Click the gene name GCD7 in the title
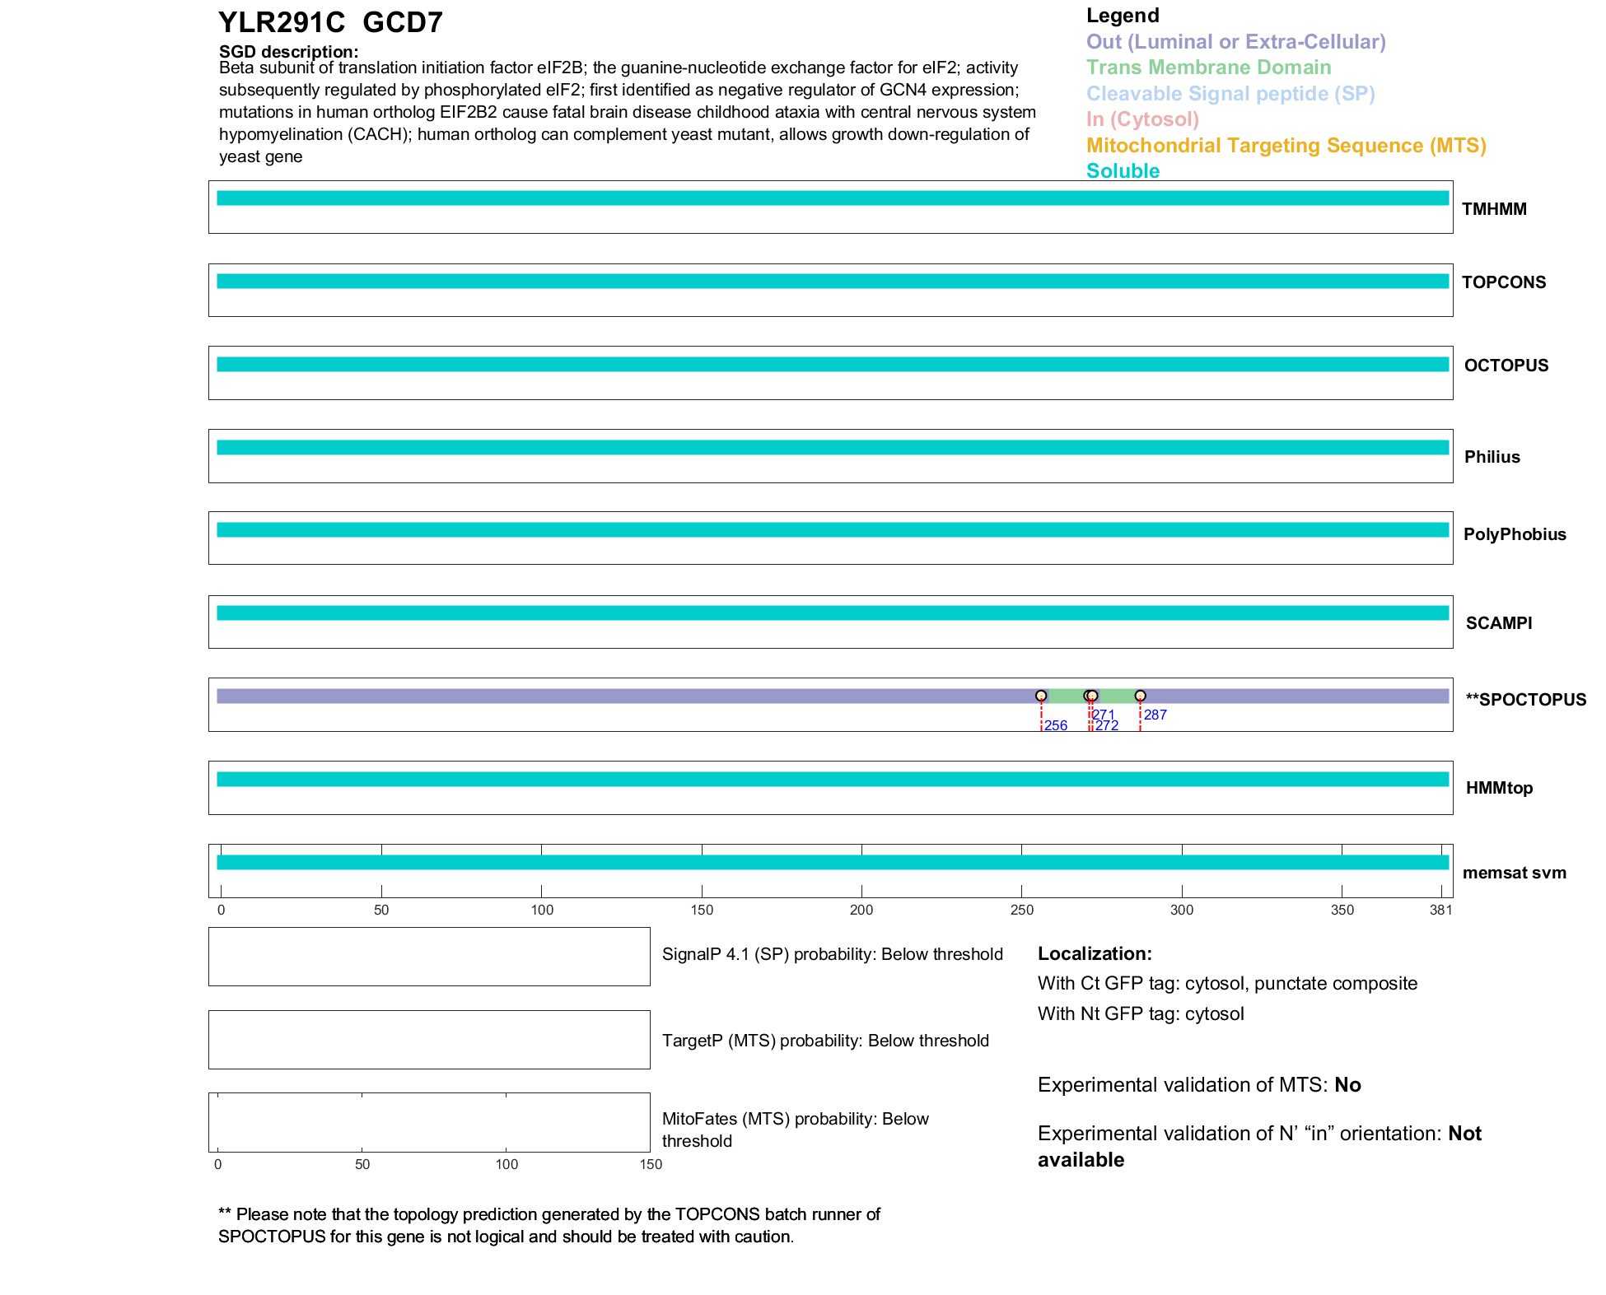pyautogui.click(x=402, y=22)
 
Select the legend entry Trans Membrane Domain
pyautogui.click(x=1208, y=68)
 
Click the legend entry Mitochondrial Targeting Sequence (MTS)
pyautogui.click(x=1286, y=146)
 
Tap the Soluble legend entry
pyautogui.click(x=1123, y=171)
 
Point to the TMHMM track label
pyautogui.click(x=1494, y=209)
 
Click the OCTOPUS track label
pyautogui.click(x=1506, y=366)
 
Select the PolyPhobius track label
pyautogui.click(x=1514, y=534)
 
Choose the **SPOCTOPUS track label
pyautogui.click(x=1525, y=700)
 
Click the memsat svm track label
pyautogui.click(x=1514, y=873)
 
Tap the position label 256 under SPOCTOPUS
pyautogui.click(x=1055, y=725)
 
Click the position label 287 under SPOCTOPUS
pyautogui.click(x=1155, y=715)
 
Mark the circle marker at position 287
pyautogui.click(x=1140, y=696)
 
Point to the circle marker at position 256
pyautogui.click(x=1041, y=696)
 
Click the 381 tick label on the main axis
pyautogui.click(x=1440, y=910)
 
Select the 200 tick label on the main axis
pyautogui.click(x=861, y=910)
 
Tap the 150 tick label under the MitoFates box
pyautogui.click(x=651, y=1164)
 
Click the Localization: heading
pyautogui.click(x=1094, y=953)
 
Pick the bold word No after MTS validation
pyautogui.click(x=1347, y=1085)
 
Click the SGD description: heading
pyautogui.click(x=288, y=52)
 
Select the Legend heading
pyautogui.click(x=1123, y=16)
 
